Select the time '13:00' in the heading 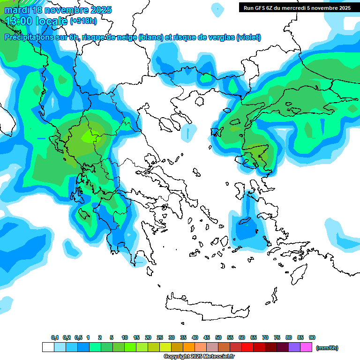19,21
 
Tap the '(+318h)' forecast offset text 84,21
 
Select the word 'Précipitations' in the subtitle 32,37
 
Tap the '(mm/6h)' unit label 327,348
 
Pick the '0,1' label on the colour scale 54,337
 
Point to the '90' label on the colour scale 312,337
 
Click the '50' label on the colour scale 218,337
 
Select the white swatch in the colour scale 48,347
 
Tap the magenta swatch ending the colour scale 306,347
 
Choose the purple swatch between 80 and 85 294,347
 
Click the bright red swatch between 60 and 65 247,347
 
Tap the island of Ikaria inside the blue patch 245,221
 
